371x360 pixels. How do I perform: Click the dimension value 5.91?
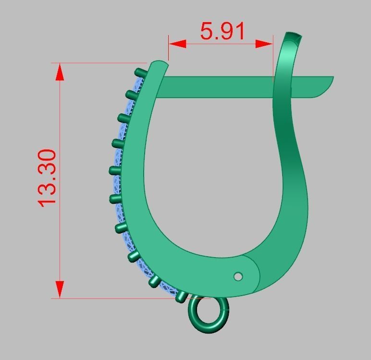(223, 31)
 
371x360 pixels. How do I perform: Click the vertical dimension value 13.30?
(49, 177)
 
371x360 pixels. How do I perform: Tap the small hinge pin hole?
(238, 276)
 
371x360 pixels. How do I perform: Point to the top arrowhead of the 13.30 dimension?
(60, 73)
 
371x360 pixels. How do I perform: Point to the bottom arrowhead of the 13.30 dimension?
(60, 289)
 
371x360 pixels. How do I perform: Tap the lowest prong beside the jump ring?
(181, 296)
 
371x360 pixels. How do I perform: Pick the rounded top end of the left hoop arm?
(159, 64)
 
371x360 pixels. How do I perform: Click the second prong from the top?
(132, 94)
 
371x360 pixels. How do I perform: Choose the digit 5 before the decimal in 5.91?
(207, 31)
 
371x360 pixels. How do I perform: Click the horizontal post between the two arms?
(216, 86)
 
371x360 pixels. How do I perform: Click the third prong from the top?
(124, 118)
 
